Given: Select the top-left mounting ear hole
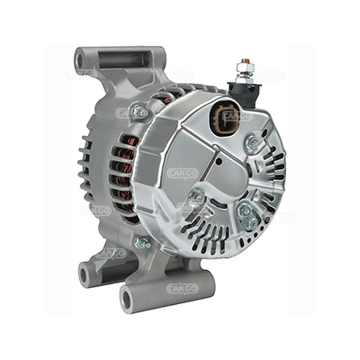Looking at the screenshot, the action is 80,61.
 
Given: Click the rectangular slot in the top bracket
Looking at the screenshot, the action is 125,59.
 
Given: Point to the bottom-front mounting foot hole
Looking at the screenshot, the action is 127,299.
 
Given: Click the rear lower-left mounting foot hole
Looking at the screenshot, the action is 84,275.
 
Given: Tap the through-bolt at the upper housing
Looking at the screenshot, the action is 139,112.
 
